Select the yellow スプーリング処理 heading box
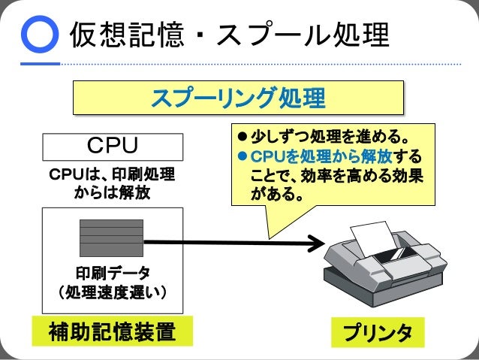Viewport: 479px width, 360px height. pos(238,98)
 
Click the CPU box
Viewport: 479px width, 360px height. pos(113,144)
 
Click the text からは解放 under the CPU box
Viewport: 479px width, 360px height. pos(113,194)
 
